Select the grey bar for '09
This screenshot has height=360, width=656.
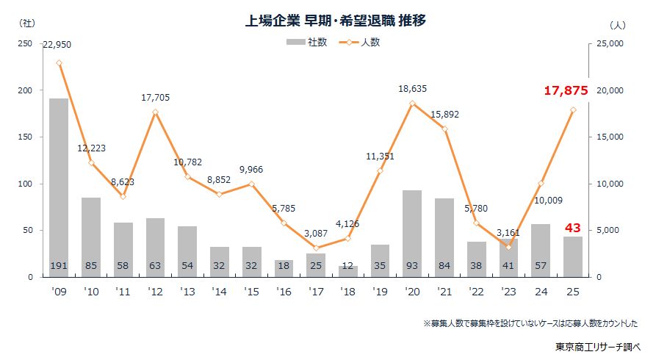click(59, 187)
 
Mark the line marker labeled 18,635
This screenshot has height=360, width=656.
click(412, 104)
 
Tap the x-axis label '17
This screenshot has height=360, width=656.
click(316, 291)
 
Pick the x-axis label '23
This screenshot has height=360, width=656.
click(508, 291)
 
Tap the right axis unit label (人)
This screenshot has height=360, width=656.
click(617, 24)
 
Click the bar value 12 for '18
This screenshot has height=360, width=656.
click(348, 265)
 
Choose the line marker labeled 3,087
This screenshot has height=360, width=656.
click(316, 248)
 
